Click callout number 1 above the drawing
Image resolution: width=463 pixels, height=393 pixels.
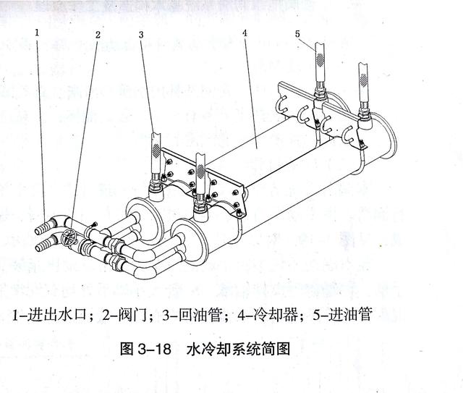pos(37,33)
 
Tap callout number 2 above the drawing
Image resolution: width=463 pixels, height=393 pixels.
pos(98,34)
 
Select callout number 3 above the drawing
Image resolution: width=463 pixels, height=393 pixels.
pos(142,34)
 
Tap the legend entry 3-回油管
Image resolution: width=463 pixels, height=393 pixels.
pos(184,315)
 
